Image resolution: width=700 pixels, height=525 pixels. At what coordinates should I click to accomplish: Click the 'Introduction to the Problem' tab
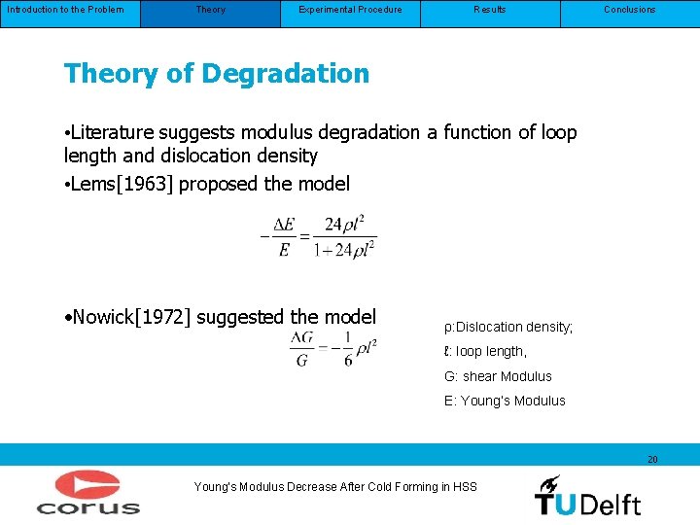coord(64,10)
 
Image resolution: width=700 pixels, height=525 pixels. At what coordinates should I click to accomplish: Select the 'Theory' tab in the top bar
coord(210,10)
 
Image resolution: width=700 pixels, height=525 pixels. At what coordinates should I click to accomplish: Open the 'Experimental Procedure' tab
coord(350,10)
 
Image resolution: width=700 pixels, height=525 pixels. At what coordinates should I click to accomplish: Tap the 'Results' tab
coord(490,10)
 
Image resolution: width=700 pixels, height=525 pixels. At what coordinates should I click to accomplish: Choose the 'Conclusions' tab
coord(630,10)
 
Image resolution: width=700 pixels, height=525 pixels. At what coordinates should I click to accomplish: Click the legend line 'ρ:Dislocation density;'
coord(508,328)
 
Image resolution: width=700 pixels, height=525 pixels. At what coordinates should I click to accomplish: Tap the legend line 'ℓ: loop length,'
coord(485,352)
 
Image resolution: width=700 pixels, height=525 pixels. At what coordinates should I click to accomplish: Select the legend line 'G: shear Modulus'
coord(498,376)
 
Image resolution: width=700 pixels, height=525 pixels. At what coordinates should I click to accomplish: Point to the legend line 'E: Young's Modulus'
coord(505,401)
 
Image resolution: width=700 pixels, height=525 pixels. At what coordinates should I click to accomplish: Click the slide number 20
coord(652,459)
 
